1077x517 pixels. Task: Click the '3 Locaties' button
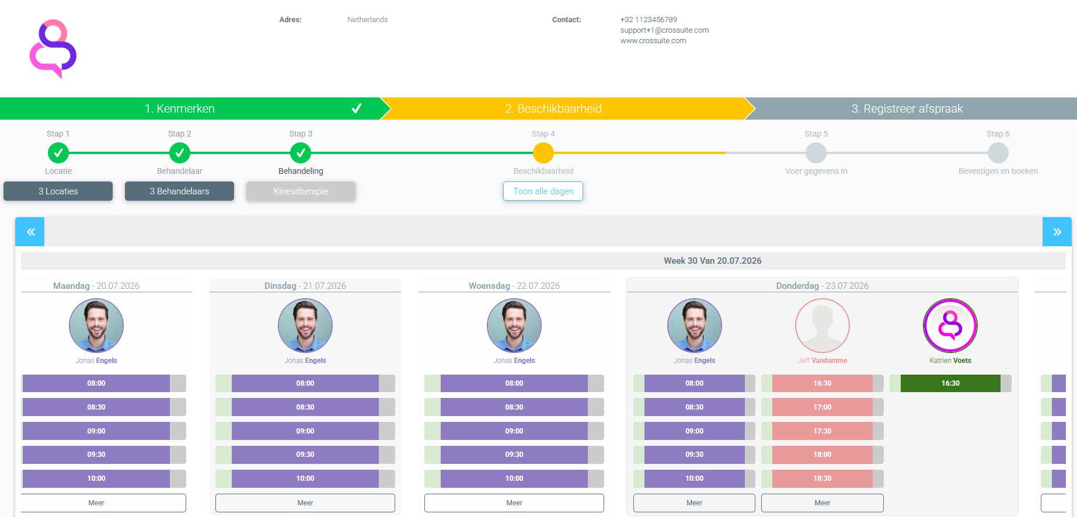[x=58, y=191]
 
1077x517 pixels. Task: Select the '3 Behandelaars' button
[x=179, y=191]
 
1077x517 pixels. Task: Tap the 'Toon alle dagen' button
[x=543, y=191]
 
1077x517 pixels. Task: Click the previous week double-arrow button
[x=30, y=232]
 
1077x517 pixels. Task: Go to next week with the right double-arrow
[x=1057, y=232]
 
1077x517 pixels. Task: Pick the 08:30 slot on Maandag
[x=96, y=407]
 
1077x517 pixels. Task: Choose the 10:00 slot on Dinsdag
[x=305, y=478]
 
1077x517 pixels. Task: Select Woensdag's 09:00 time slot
[x=514, y=431]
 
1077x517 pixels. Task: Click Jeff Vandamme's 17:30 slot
[x=822, y=431]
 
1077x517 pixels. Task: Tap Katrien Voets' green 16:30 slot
[x=950, y=383]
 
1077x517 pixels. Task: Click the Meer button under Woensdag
[x=514, y=503]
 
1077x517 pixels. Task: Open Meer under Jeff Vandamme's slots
[x=822, y=503]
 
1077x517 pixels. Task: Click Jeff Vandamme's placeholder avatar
[x=822, y=326]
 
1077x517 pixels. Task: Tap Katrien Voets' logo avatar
[x=950, y=326]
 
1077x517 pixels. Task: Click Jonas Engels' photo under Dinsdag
[x=305, y=326]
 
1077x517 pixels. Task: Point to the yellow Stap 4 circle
[x=543, y=153]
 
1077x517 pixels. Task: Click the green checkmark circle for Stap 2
[x=180, y=153]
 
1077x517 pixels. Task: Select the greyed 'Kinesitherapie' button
[x=301, y=191]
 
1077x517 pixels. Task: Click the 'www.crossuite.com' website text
[x=653, y=41]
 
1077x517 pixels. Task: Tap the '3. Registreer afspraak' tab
[x=907, y=109]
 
